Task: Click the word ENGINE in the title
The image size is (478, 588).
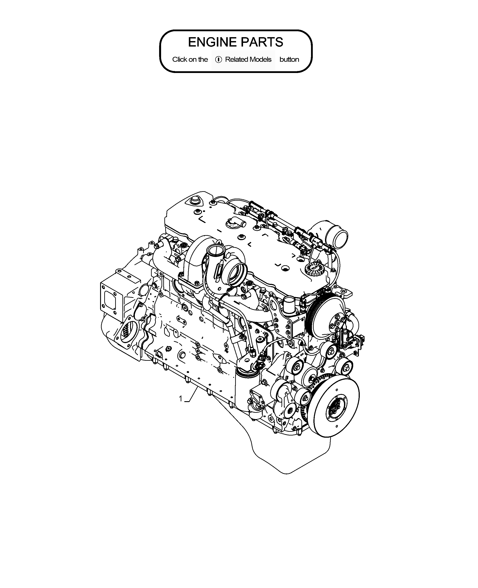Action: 212,42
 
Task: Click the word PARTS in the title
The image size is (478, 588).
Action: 262,42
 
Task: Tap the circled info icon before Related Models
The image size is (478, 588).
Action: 219,59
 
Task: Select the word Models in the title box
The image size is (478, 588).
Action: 261,59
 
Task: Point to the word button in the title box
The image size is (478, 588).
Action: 289,59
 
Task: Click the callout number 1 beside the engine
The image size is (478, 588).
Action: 181,398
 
